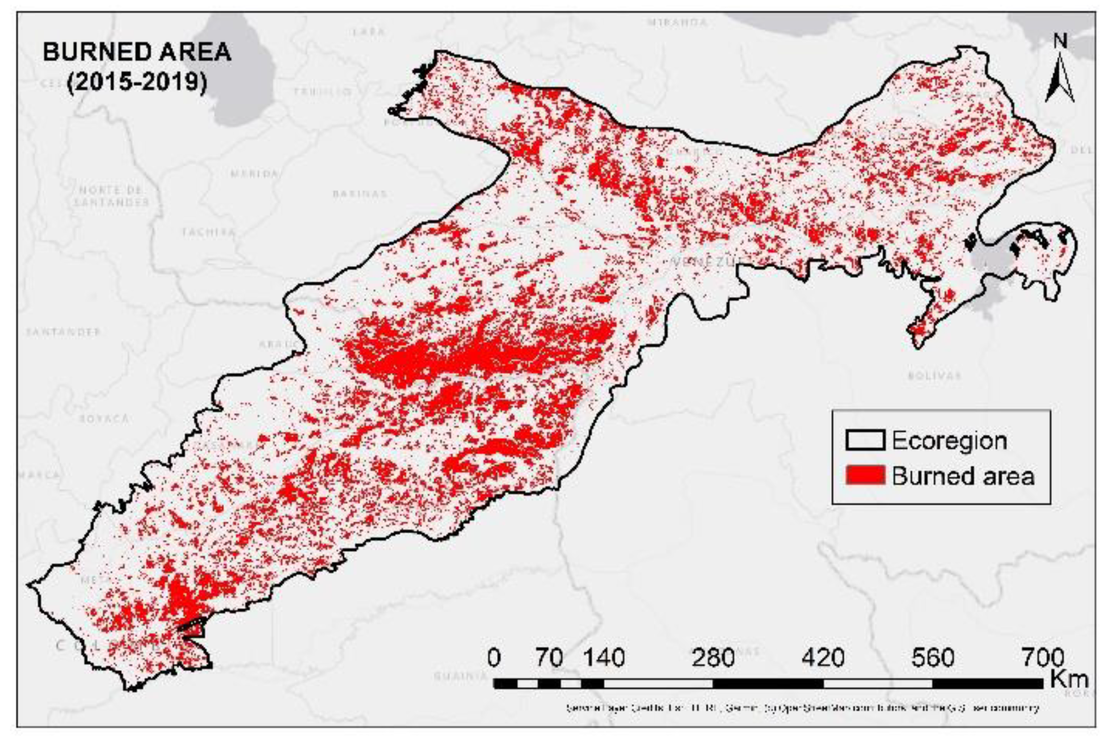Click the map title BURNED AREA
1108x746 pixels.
137,52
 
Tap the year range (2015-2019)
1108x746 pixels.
137,82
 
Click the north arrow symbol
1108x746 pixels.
1059,71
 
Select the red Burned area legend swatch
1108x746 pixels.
865,475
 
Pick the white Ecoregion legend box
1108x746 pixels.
865,440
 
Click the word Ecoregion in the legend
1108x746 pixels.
949,440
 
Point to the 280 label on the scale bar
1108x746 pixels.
713,658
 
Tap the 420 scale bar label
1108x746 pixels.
823,658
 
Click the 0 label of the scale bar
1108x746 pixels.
494,658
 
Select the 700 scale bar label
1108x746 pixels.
1043,658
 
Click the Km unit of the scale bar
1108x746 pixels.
1069,678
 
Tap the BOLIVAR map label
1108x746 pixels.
934,376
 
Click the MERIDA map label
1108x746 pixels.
254,174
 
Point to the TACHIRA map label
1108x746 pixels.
208,232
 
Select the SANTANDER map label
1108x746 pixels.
64,331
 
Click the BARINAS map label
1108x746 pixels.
360,194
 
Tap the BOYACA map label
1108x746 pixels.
104,419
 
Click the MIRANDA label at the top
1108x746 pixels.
677,23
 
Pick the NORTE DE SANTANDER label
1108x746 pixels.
112,196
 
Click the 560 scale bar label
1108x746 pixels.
933,658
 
